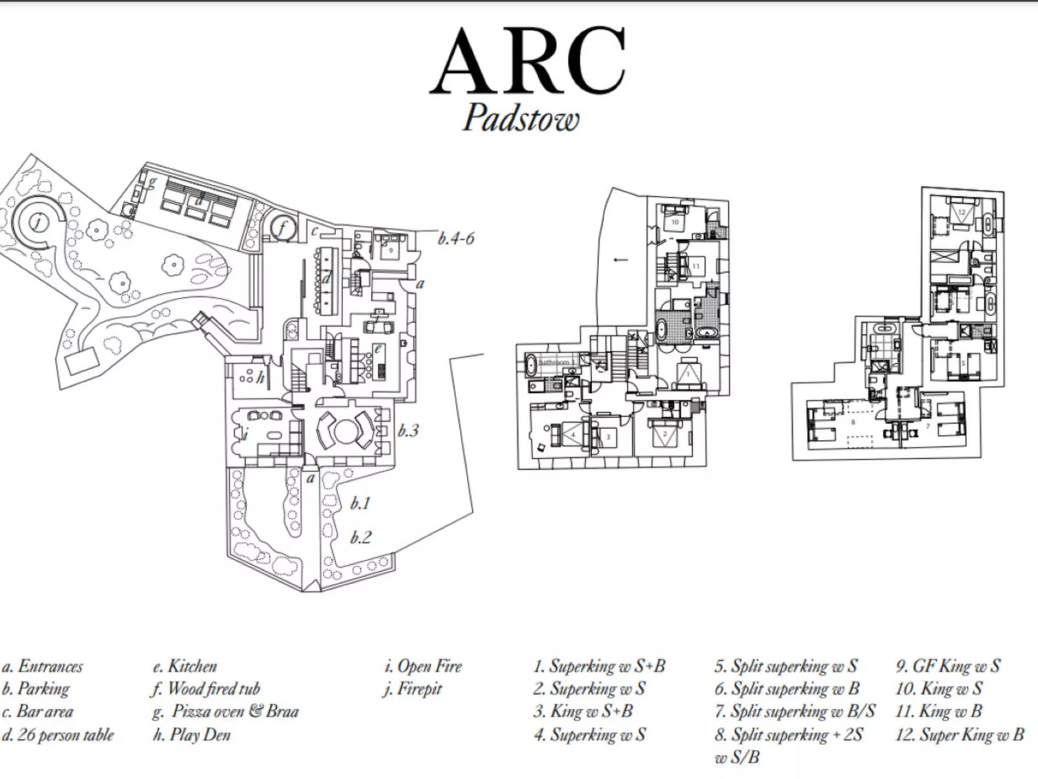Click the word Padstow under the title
tap(521, 119)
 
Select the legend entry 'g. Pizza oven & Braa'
tap(226, 712)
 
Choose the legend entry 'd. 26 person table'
tap(58, 735)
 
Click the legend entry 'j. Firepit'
tap(412, 688)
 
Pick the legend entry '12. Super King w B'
tap(959, 735)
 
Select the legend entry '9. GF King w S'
tap(948, 666)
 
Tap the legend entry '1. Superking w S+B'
tap(599, 666)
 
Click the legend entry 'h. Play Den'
tap(192, 735)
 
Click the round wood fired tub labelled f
tap(282, 228)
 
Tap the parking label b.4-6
tap(456, 239)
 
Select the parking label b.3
tap(408, 431)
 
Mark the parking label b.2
tap(361, 537)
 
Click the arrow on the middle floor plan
tap(620, 260)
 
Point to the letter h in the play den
tap(260, 378)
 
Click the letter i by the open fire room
tap(246, 434)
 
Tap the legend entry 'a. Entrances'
tap(43, 666)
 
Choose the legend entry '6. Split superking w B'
tap(787, 688)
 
